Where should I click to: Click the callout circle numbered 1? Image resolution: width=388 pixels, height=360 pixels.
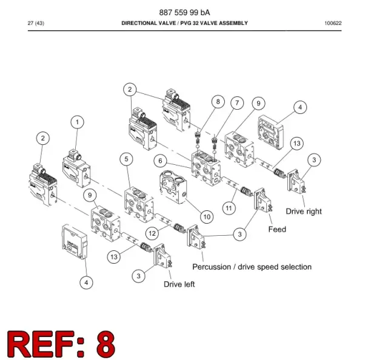point(77,122)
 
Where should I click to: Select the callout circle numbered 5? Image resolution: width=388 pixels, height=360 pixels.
point(127,159)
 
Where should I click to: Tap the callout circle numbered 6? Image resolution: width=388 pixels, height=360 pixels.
point(160,161)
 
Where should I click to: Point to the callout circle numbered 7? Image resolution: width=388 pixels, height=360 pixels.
point(237,103)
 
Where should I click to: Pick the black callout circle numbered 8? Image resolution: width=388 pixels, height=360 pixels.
point(218,101)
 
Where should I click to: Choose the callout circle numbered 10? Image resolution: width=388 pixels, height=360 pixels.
point(207,217)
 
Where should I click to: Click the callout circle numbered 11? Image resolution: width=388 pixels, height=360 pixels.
point(229,208)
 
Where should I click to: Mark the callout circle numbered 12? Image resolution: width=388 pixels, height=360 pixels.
point(152,233)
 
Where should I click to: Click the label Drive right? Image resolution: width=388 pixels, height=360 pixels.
point(304,212)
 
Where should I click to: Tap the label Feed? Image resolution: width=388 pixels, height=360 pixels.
point(277,229)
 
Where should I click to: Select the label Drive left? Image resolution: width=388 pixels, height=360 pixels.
point(179,284)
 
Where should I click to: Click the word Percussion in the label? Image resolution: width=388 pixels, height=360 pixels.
point(212,267)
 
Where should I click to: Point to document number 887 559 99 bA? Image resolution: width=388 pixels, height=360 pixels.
point(184,12)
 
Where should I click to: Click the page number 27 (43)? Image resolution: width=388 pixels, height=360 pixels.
point(36,23)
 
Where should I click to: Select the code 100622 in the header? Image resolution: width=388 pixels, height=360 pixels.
point(333,23)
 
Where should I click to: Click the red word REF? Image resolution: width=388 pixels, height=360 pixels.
point(41,344)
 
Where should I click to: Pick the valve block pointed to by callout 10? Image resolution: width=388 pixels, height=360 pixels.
point(173,186)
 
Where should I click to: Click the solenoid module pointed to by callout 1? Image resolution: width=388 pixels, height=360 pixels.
point(76,168)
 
